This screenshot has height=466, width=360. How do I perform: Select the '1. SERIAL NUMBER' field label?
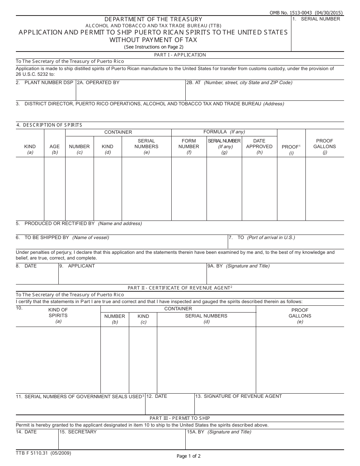coord(316,19)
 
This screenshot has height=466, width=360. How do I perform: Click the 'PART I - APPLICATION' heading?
coord(180,55)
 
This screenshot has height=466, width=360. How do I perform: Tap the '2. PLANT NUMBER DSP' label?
coord(45,83)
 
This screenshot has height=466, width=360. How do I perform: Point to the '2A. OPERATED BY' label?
coord(98,83)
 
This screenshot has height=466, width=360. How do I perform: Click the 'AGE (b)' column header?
coord(55,149)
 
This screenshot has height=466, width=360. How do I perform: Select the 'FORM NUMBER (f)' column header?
coord(189,146)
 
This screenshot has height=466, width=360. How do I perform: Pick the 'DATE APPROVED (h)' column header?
coord(259,146)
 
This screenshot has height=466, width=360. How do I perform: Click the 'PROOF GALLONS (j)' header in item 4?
coord(325,146)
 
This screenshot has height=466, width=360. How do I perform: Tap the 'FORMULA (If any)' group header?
coord(224,132)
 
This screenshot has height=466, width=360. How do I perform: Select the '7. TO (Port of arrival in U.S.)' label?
coord(261,238)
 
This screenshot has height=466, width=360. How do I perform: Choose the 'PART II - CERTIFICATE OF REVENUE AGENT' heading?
coord(180,288)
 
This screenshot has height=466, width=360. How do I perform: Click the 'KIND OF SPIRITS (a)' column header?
coord(58,316)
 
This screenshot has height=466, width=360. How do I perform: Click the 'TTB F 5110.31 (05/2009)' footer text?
coord(44,453)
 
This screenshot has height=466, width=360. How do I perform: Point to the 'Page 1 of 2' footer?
coord(189,456)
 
